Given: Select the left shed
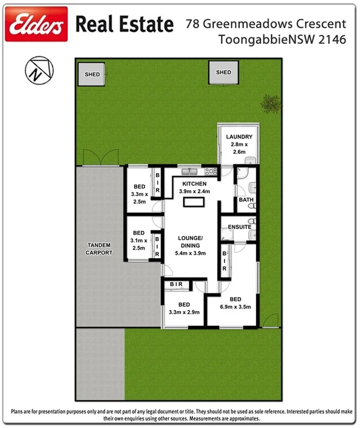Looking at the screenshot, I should pyautogui.click(x=92, y=74).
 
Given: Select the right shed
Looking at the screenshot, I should pyautogui.click(x=223, y=73).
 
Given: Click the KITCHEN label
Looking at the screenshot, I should pyautogui.click(x=195, y=184).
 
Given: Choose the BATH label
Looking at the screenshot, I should pyautogui.click(x=246, y=200).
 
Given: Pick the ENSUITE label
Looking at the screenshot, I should pyautogui.click(x=239, y=226).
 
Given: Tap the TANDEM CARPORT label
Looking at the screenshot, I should pyautogui.click(x=99, y=249).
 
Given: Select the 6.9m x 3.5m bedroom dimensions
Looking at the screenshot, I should pyautogui.click(x=236, y=307).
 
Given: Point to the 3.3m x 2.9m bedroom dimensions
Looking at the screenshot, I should pyautogui.click(x=184, y=312).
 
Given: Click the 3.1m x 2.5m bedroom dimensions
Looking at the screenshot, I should pyautogui.click(x=139, y=244).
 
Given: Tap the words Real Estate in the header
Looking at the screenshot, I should pyautogui.click(x=124, y=25).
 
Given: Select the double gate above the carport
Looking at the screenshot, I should pyautogui.click(x=100, y=158).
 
